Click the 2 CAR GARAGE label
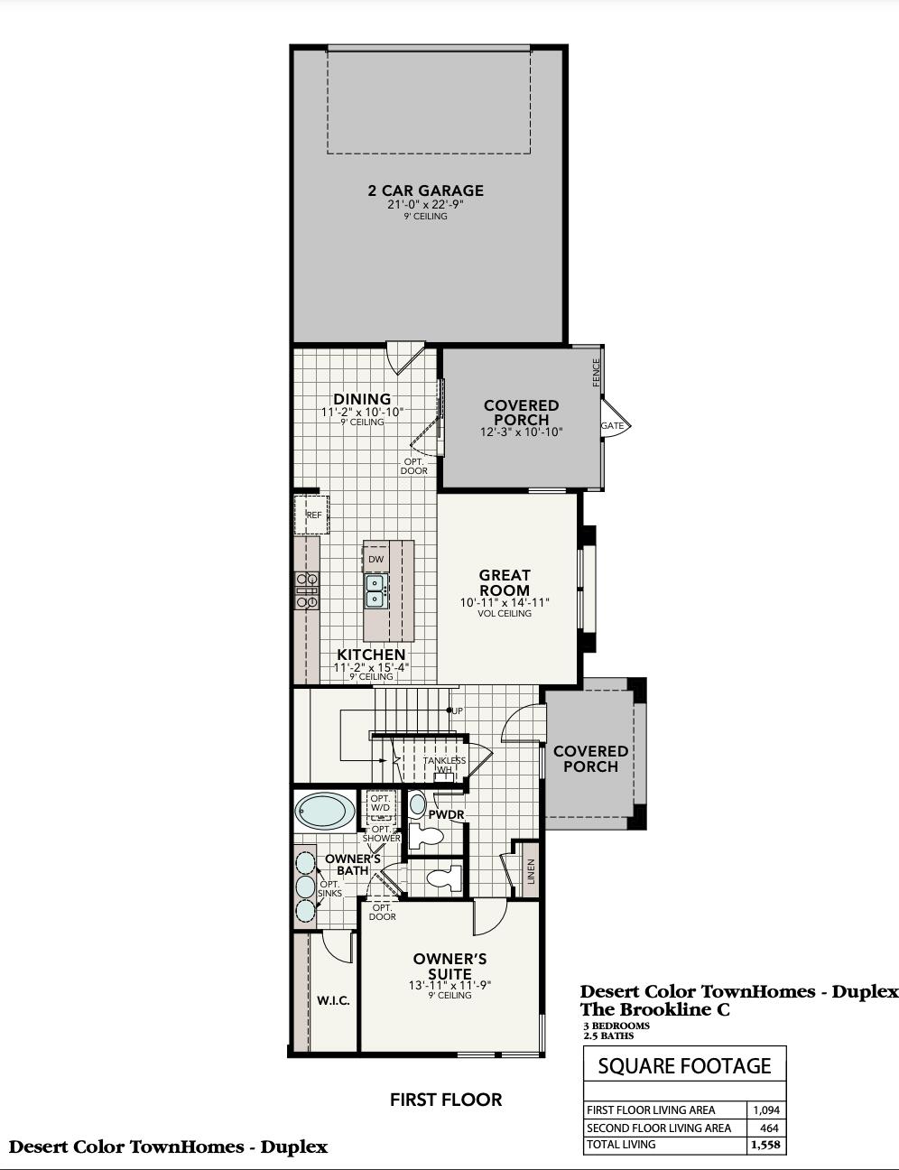tap(425, 190)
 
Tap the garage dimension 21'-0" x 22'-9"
tap(425, 205)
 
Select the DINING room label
tap(362, 399)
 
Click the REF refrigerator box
tap(312, 515)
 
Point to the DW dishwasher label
tap(375, 560)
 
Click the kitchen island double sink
tap(376, 590)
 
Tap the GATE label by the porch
tap(612, 425)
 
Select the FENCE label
tap(596, 372)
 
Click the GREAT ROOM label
tap(505, 582)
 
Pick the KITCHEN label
tap(371, 655)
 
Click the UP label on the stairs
tap(457, 711)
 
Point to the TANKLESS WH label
tap(445, 765)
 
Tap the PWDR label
tap(446, 814)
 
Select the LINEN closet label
tap(531, 871)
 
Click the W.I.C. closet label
tap(333, 1001)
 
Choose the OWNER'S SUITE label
tap(449, 966)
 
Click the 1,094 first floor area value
tap(765, 1110)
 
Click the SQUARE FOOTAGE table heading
tap(684, 1066)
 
